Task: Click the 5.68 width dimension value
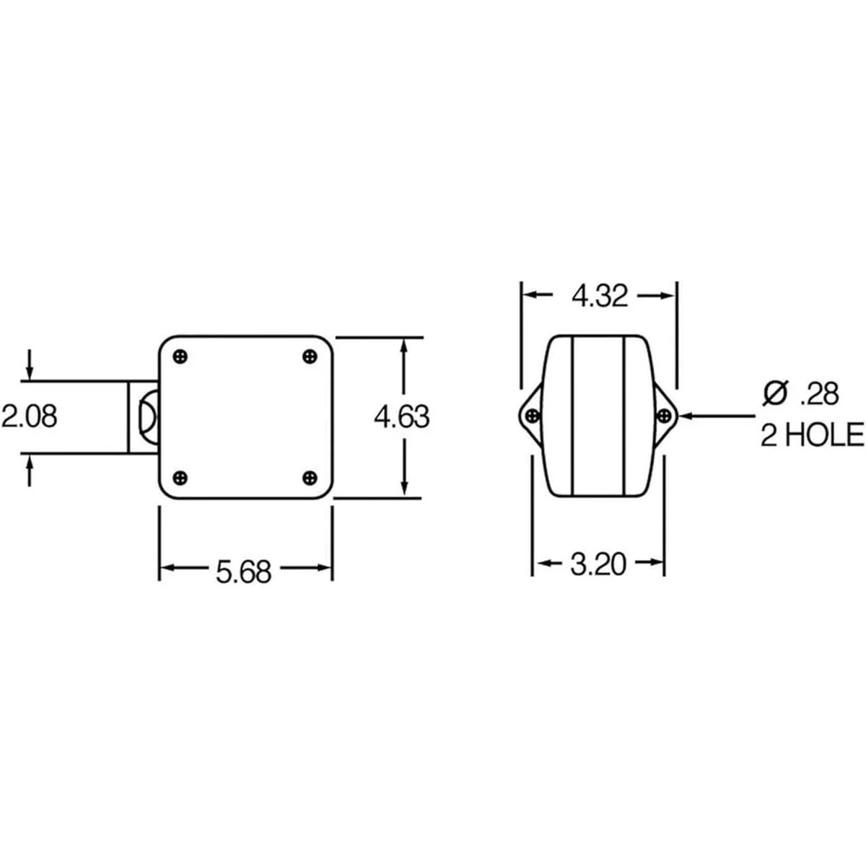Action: tap(244, 571)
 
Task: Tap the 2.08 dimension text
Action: tap(30, 416)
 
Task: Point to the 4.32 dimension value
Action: tap(599, 297)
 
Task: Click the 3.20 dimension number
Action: tap(598, 565)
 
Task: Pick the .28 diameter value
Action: tap(819, 395)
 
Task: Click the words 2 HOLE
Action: tap(812, 434)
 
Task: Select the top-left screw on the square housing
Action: tap(180, 357)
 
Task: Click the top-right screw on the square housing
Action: tap(310, 357)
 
